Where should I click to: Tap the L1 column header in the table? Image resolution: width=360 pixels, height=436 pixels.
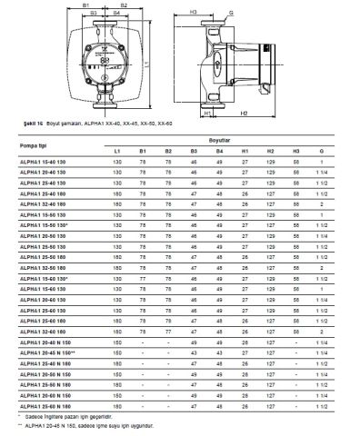click(117, 150)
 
